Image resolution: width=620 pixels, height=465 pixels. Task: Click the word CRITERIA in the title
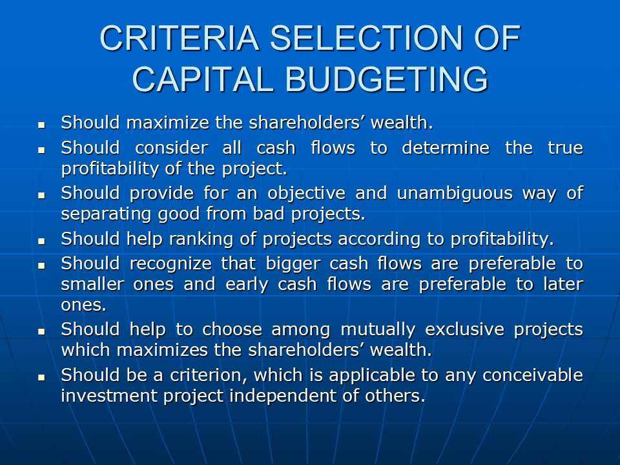point(179,38)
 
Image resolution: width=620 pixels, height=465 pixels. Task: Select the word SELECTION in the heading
point(366,38)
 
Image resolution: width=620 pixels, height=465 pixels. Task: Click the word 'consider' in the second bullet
point(172,148)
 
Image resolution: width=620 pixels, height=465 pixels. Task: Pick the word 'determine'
point(446,148)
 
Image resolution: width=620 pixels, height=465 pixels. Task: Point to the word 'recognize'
point(170,264)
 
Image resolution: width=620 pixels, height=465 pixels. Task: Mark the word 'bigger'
point(293,264)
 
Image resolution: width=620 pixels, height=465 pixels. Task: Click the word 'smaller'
point(92,284)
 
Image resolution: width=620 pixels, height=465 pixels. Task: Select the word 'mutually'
point(378,330)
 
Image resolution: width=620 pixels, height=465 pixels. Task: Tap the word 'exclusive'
point(464,329)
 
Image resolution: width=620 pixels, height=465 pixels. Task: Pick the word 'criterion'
point(209,375)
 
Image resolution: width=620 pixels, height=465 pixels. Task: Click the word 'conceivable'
point(533,375)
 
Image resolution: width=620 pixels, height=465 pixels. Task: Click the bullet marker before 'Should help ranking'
point(41,241)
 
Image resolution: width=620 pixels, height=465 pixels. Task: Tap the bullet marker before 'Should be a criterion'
point(41,378)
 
